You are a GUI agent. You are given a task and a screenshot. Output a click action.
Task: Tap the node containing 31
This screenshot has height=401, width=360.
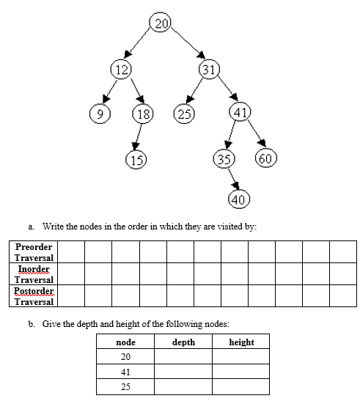pyautogui.click(x=210, y=70)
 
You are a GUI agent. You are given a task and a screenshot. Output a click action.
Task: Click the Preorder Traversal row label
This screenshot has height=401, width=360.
pyautogui.click(x=34, y=251)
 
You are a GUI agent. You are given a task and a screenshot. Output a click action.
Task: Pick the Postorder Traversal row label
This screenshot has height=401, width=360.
pyautogui.click(x=34, y=296)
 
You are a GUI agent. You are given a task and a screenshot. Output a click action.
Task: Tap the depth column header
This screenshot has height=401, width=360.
pyautogui.click(x=183, y=342)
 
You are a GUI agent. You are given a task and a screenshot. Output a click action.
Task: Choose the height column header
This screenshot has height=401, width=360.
pyautogui.click(x=241, y=342)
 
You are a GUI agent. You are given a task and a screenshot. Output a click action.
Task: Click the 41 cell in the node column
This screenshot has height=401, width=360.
pyautogui.click(x=125, y=372)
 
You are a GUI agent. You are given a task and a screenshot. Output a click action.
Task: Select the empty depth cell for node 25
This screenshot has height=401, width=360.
pyautogui.click(x=183, y=386)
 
